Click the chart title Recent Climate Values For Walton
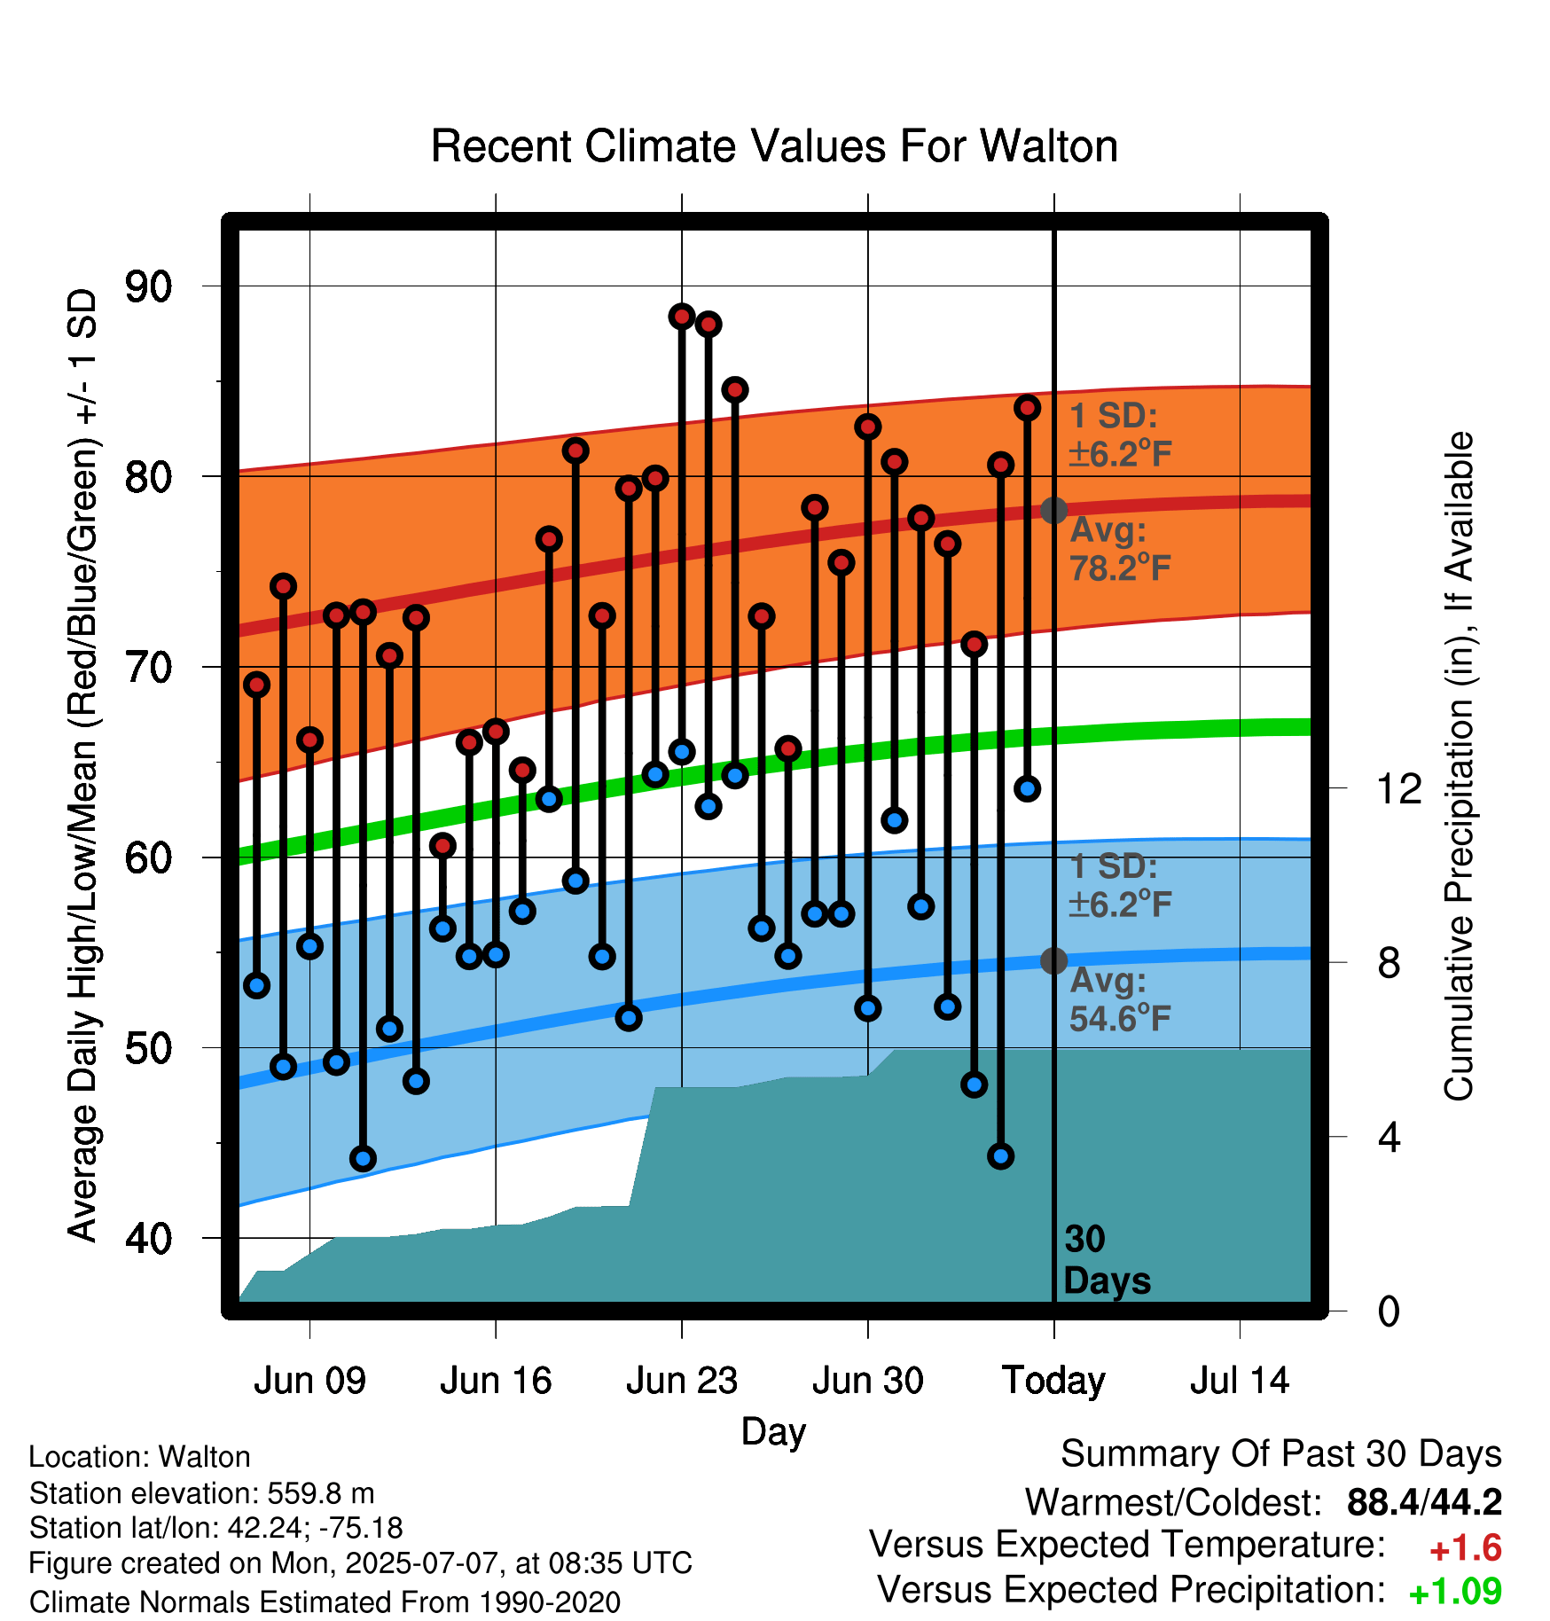[x=774, y=146]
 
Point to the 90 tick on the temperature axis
[x=149, y=286]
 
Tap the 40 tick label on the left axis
[x=149, y=1238]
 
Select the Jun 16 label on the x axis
[x=496, y=1381]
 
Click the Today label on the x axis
[x=1053, y=1382]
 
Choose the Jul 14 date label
[x=1240, y=1381]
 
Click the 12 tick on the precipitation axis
[x=1399, y=788]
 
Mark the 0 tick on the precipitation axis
[x=1389, y=1311]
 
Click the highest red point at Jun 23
[x=682, y=317]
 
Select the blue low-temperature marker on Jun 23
[x=682, y=752]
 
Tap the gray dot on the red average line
[x=1053, y=510]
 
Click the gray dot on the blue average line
[x=1053, y=960]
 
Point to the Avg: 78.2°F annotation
[x=1121, y=549]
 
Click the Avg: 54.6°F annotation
[x=1121, y=999]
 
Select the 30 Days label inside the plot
[x=1107, y=1260]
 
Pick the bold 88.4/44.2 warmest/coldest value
[x=1424, y=1502]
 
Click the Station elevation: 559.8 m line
[x=202, y=1493]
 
